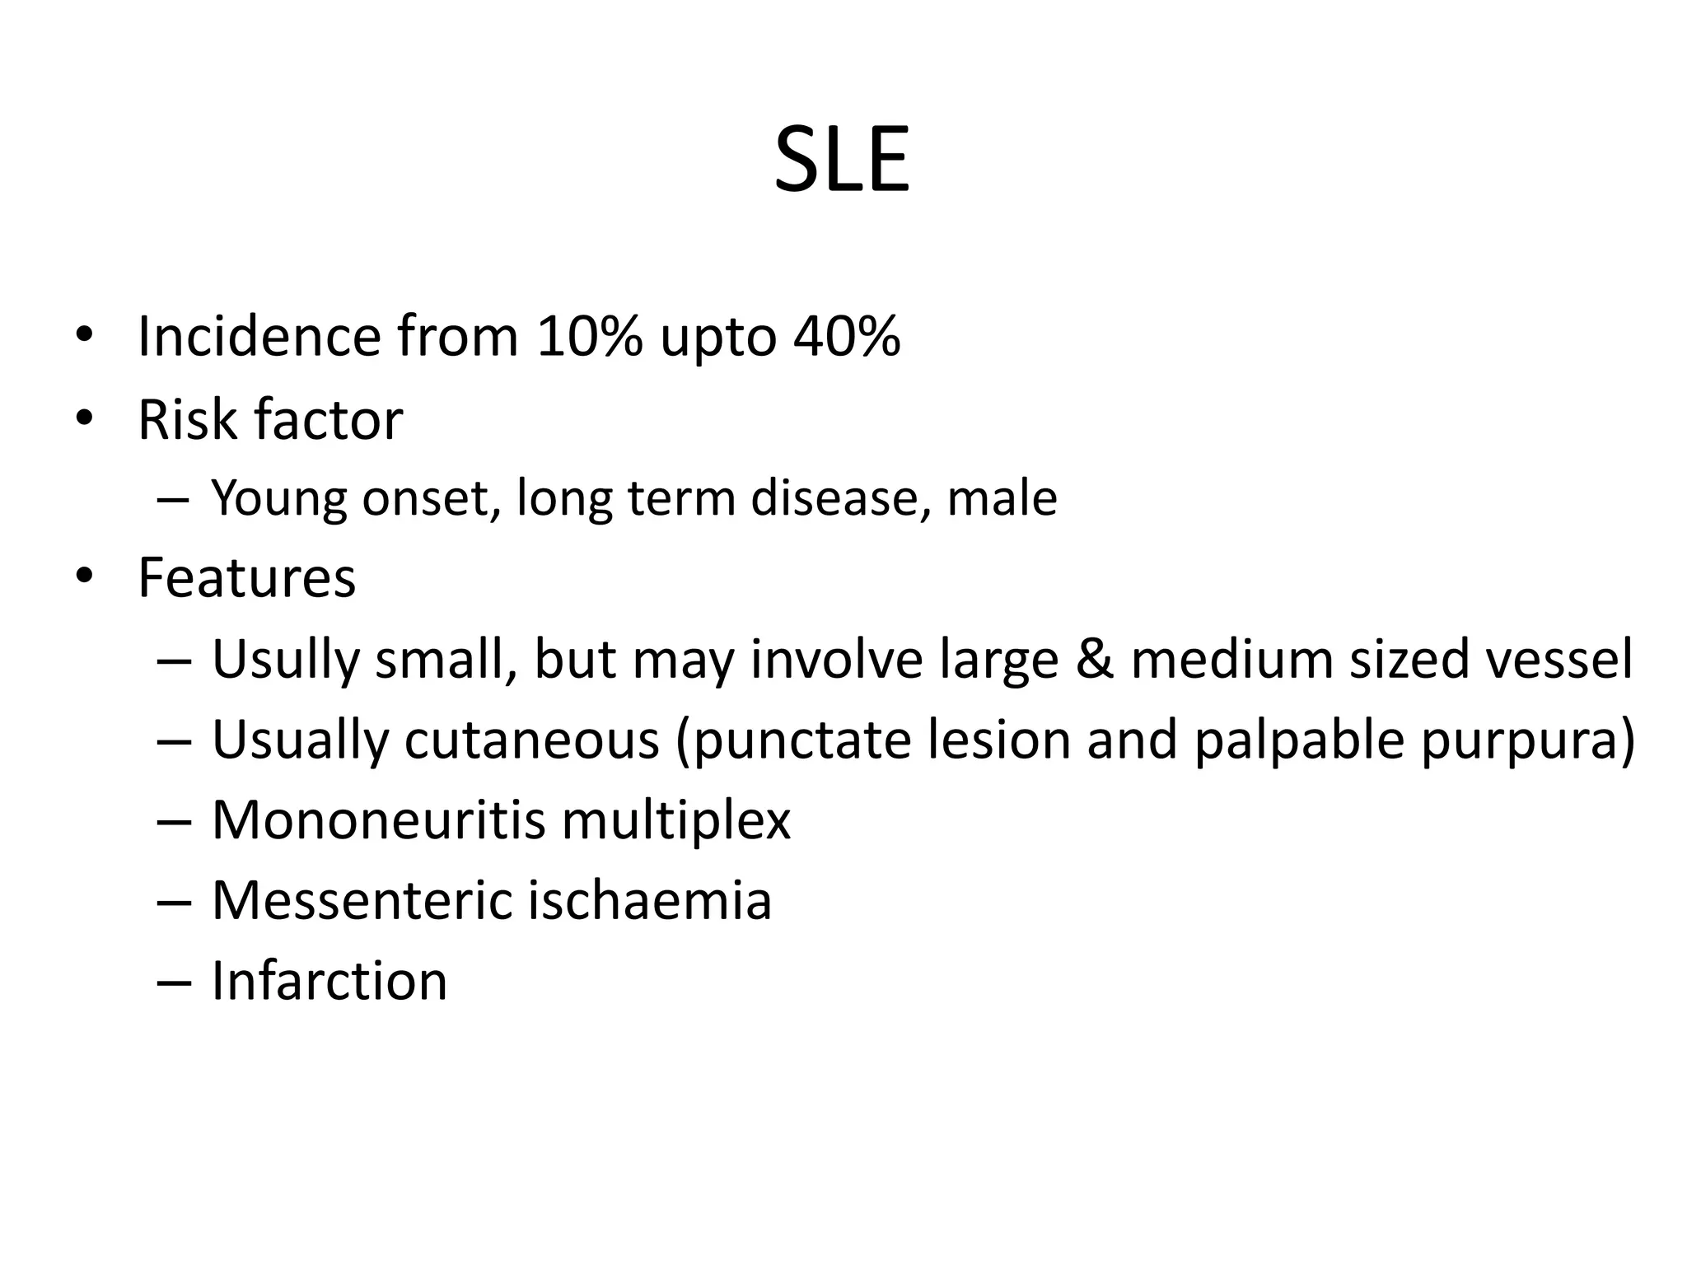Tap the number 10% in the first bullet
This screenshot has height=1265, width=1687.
click(x=588, y=336)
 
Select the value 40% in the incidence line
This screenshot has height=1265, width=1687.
click(x=847, y=336)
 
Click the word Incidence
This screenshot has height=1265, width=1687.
click(x=259, y=336)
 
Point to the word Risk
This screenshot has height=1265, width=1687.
click(x=188, y=419)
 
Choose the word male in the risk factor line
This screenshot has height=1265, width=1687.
click(x=1002, y=497)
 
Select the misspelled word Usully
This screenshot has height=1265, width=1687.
click(x=286, y=660)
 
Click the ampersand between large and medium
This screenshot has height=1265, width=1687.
click(x=1094, y=659)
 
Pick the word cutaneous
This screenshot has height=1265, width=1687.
click(x=531, y=739)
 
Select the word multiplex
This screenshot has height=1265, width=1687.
click(x=675, y=821)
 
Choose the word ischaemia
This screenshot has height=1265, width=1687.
click(x=649, y=899)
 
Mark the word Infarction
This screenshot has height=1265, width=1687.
click(x=329, y=980)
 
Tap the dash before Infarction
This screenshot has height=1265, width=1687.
click(x=173, y=982)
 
